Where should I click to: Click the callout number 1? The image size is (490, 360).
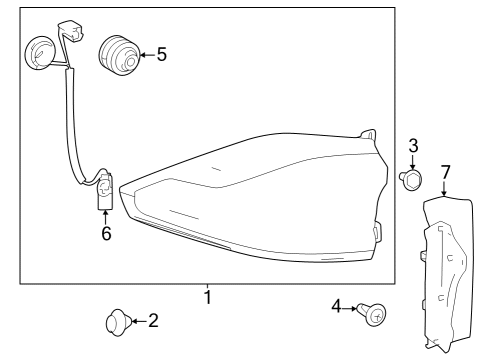(207, 297)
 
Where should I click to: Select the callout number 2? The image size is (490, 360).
(152, 321)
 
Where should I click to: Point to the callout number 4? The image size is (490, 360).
(337, 306)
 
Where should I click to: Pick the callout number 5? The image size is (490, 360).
(162, 54)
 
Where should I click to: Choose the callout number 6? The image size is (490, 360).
(106, 234)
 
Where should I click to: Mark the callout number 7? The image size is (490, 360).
(446, 172)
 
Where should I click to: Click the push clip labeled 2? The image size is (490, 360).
(116, 322)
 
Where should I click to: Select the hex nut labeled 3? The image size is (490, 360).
(411, 181)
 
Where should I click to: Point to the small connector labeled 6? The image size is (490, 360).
(105, 192)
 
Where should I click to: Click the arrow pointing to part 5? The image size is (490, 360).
(145, 54)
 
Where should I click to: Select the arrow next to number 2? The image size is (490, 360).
(138, 321)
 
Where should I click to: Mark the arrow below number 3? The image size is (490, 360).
(412, 163)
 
